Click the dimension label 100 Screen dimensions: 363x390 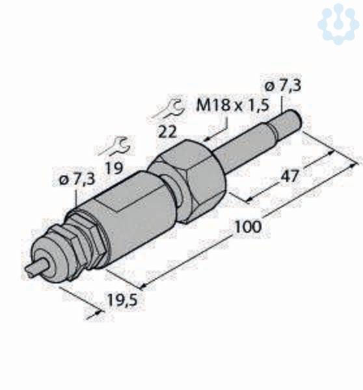click(249, 227)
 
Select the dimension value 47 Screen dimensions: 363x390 click(289, 176)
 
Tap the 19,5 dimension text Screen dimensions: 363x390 click(122, 300)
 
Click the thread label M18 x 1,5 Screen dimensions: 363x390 click(233, 105)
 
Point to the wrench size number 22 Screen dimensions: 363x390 click(168, 132)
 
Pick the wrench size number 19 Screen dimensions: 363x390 click(114, 168)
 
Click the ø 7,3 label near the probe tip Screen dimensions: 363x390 click(283, 86)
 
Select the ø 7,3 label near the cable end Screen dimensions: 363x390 click(77, 179)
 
